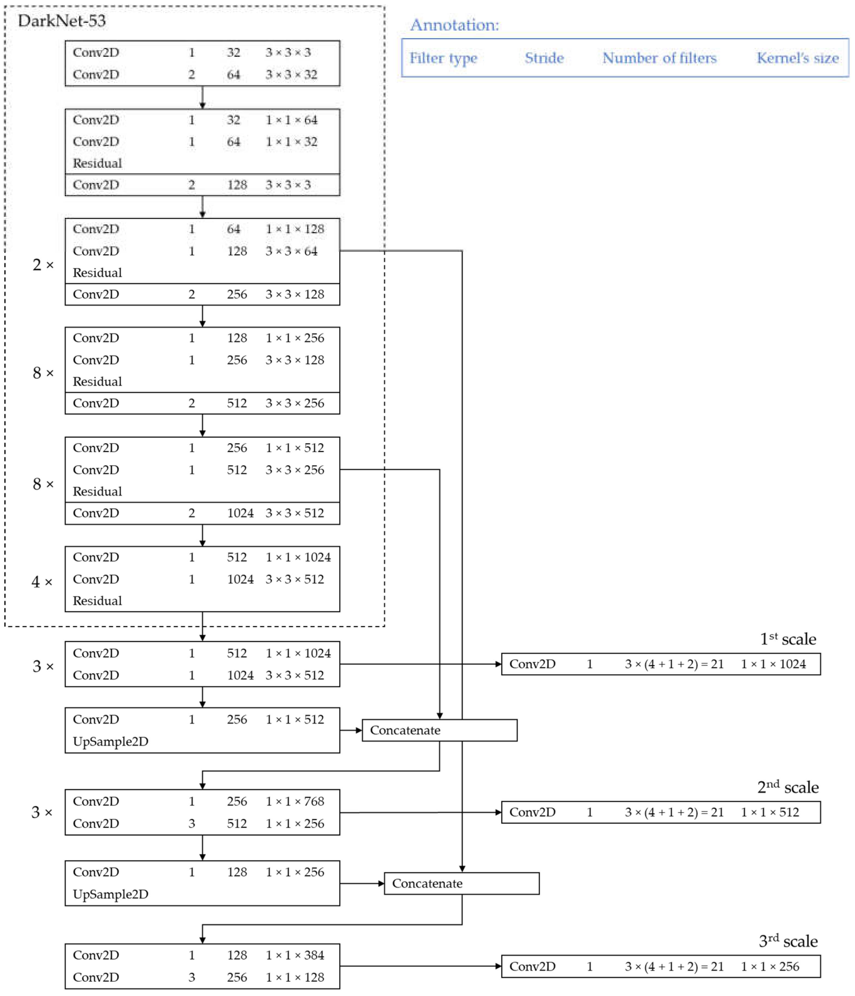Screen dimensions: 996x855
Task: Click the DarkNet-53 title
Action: pos(62,21)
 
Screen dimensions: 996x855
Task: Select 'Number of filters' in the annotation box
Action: pos(659,58)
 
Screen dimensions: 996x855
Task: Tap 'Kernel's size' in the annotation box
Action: pos(797,58)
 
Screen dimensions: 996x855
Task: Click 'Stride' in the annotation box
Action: pos(544,58)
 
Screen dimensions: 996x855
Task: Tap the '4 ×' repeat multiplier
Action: pos(42,582)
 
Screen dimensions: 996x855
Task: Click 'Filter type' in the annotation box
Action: pos(443,58)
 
